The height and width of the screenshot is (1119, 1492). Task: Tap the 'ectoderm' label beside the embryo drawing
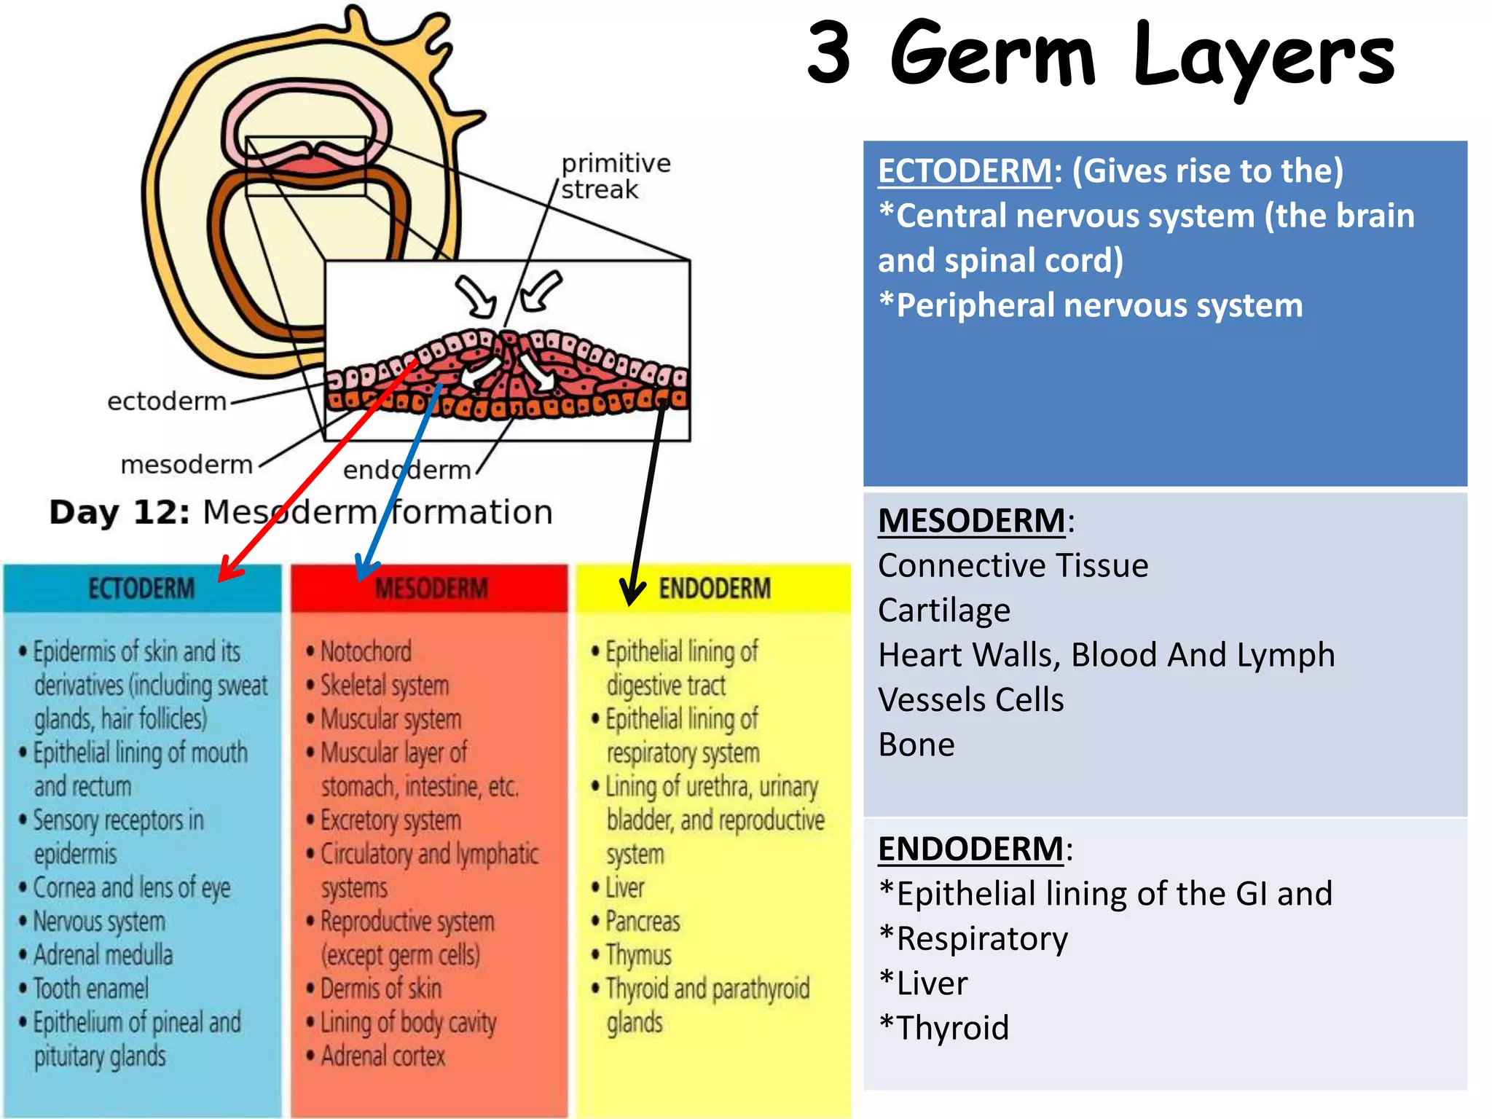[167, 401]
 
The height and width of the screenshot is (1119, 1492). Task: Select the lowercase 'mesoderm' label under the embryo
[186, 465]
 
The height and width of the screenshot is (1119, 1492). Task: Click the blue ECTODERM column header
[141, 588]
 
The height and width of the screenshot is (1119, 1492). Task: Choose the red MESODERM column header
[431, 588]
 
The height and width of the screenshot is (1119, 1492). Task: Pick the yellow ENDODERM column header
[714, 588]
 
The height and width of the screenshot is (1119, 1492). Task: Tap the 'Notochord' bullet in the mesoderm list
[366, 651]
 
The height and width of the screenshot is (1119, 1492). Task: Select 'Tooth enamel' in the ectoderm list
[91, 989]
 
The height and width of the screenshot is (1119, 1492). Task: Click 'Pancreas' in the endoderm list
[643, 922]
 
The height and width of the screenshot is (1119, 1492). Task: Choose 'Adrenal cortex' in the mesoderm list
[382, 1056]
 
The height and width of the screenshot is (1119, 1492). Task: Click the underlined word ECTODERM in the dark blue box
[965, 171]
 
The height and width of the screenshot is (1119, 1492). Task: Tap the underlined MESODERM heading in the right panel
[971, 521]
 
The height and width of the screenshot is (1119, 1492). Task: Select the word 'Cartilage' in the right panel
[944, 610]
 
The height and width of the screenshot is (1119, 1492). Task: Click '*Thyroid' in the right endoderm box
[944, 1028]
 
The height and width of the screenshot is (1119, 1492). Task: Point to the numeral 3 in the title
[829, 52]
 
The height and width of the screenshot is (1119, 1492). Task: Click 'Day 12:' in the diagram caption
[119, 512]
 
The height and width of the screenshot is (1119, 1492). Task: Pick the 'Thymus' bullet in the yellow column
[638, 955]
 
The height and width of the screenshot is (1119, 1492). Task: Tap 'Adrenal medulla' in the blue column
[103, 955]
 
